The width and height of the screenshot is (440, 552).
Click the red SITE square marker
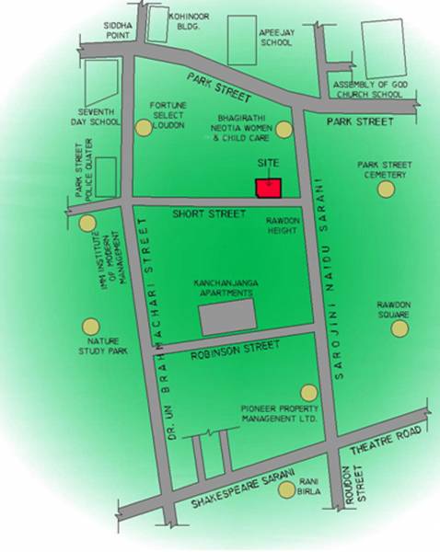point(268,186)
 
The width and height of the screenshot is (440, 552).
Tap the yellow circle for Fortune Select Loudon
point(143,129)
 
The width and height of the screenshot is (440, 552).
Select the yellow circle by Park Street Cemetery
point(386,189)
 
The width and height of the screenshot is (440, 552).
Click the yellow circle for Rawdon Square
point(399,328)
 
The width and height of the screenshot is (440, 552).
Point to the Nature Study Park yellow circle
point(89,326)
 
